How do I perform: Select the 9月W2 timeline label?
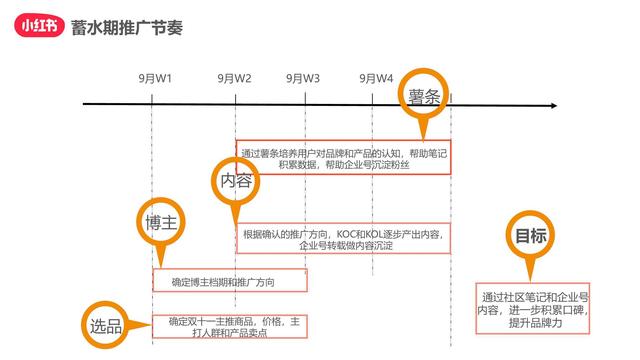coord(235,77)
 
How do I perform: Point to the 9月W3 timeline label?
coord(303,77)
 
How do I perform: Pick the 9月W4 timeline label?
coord(377,77)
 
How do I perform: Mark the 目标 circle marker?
coord(530,237)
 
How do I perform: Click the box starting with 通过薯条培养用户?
coord(343,158)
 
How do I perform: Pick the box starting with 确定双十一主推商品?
coord(229,327)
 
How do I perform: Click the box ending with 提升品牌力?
coord(534,310)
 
